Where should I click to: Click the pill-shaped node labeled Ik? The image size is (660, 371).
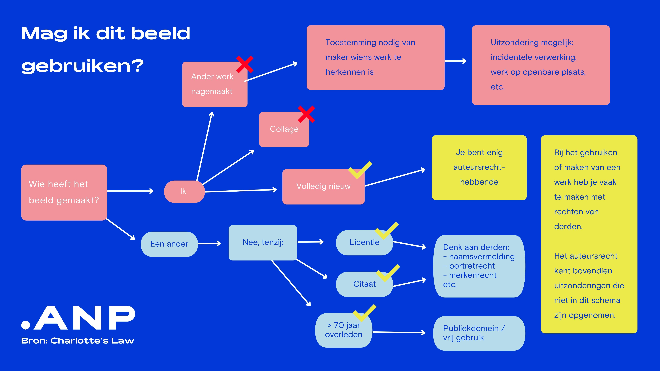pos(184,192)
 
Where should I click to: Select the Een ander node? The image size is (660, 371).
pos(169,244)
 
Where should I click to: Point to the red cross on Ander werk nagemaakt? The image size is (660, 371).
pos(245,64)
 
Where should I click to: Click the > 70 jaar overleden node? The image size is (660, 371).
pos(343,330)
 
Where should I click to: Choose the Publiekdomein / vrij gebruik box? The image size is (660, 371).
pos(479,333)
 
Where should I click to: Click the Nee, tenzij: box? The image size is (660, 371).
pos(263,243)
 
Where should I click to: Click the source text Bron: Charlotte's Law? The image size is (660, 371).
pos(78,341)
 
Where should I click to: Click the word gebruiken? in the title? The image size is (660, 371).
pos(82,66)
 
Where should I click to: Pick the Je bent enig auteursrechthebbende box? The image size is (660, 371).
pos(479,167)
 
